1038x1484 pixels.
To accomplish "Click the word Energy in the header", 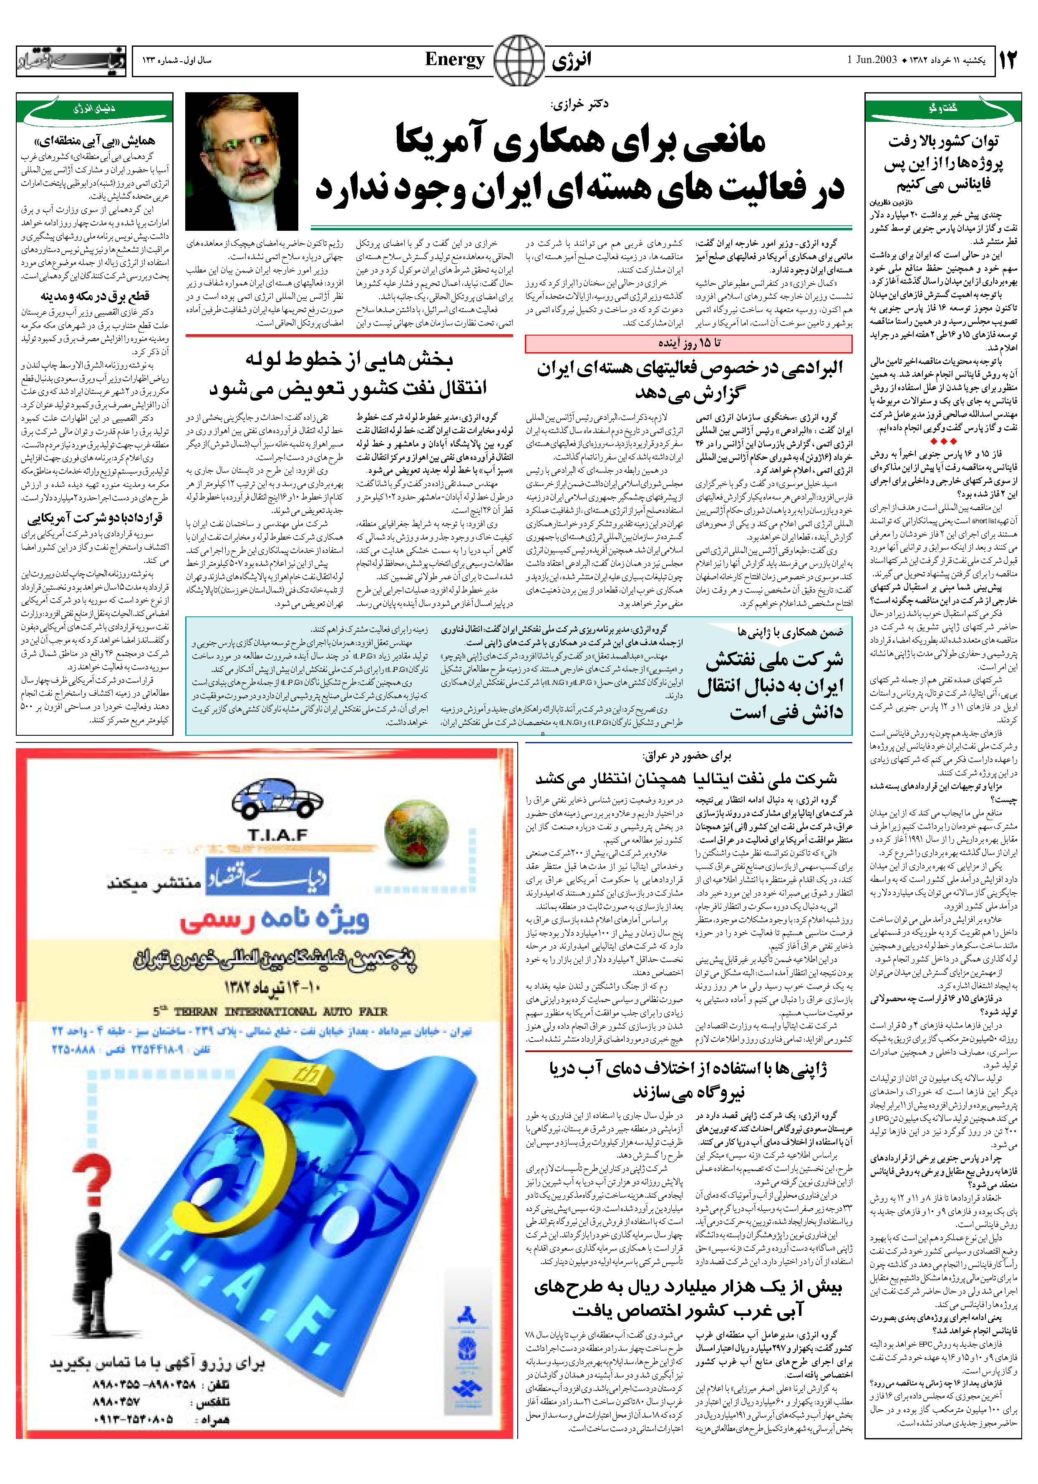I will [x=454, y=60].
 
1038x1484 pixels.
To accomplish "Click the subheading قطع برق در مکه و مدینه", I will [x=94, y=296].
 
